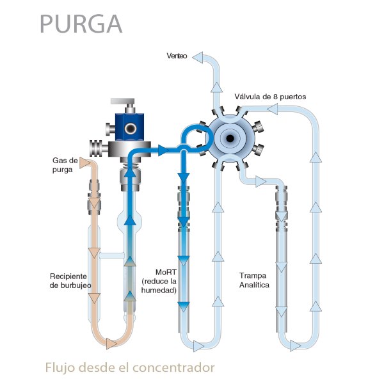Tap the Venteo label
pyautogui.click(x=176, y=57)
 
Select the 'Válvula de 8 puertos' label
pyautogui.click(x=271, y=96)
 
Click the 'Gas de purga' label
pyautogui.click(x=64, y=165)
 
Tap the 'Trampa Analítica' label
pyautogui.click(x=254, y=280)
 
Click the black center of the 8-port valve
pyautogui.click(x=229, y=134)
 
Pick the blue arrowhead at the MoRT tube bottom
pyautogui.click(x=184, y=306)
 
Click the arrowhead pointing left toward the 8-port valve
pyautogui.click(x=272, y=109)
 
